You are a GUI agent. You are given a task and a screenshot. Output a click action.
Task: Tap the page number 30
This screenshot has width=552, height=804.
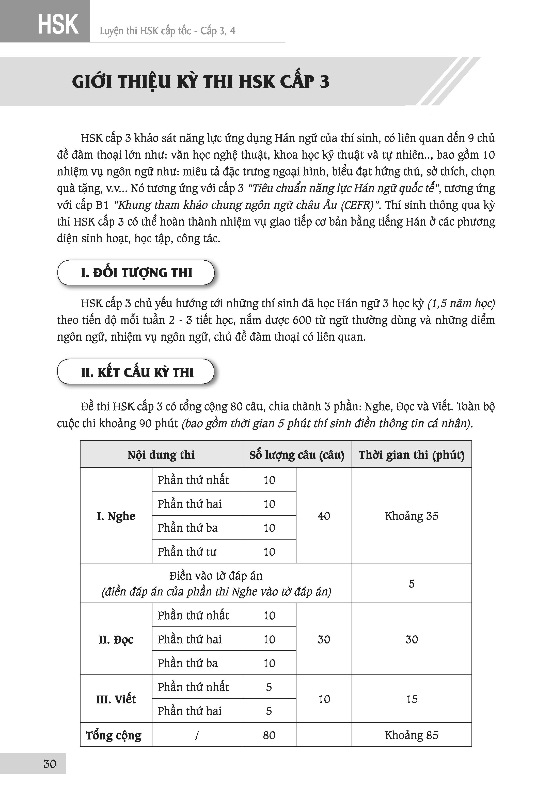(x=50, y=764)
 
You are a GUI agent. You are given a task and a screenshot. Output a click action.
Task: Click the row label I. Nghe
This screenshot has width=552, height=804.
(x=116, y=516)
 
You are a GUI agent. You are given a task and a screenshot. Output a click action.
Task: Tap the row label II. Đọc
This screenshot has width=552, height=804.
(x=116, y=639)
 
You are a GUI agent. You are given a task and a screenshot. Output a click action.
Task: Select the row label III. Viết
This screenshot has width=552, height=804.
(x=116, y=699)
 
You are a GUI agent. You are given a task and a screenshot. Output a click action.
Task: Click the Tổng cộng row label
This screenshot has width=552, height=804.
(x=114, y=735)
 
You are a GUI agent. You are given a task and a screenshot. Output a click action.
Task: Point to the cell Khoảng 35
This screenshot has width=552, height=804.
(x=411, y=516)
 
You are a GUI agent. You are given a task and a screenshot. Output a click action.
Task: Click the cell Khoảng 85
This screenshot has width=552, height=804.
(x=411, y=735)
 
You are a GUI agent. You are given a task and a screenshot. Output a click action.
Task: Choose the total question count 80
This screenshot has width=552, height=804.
(x=269, y=735)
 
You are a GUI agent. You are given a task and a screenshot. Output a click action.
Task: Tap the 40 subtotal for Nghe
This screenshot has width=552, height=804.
(x=324, y=516)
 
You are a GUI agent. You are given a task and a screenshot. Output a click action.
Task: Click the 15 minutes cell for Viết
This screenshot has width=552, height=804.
(x=412, y=699)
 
